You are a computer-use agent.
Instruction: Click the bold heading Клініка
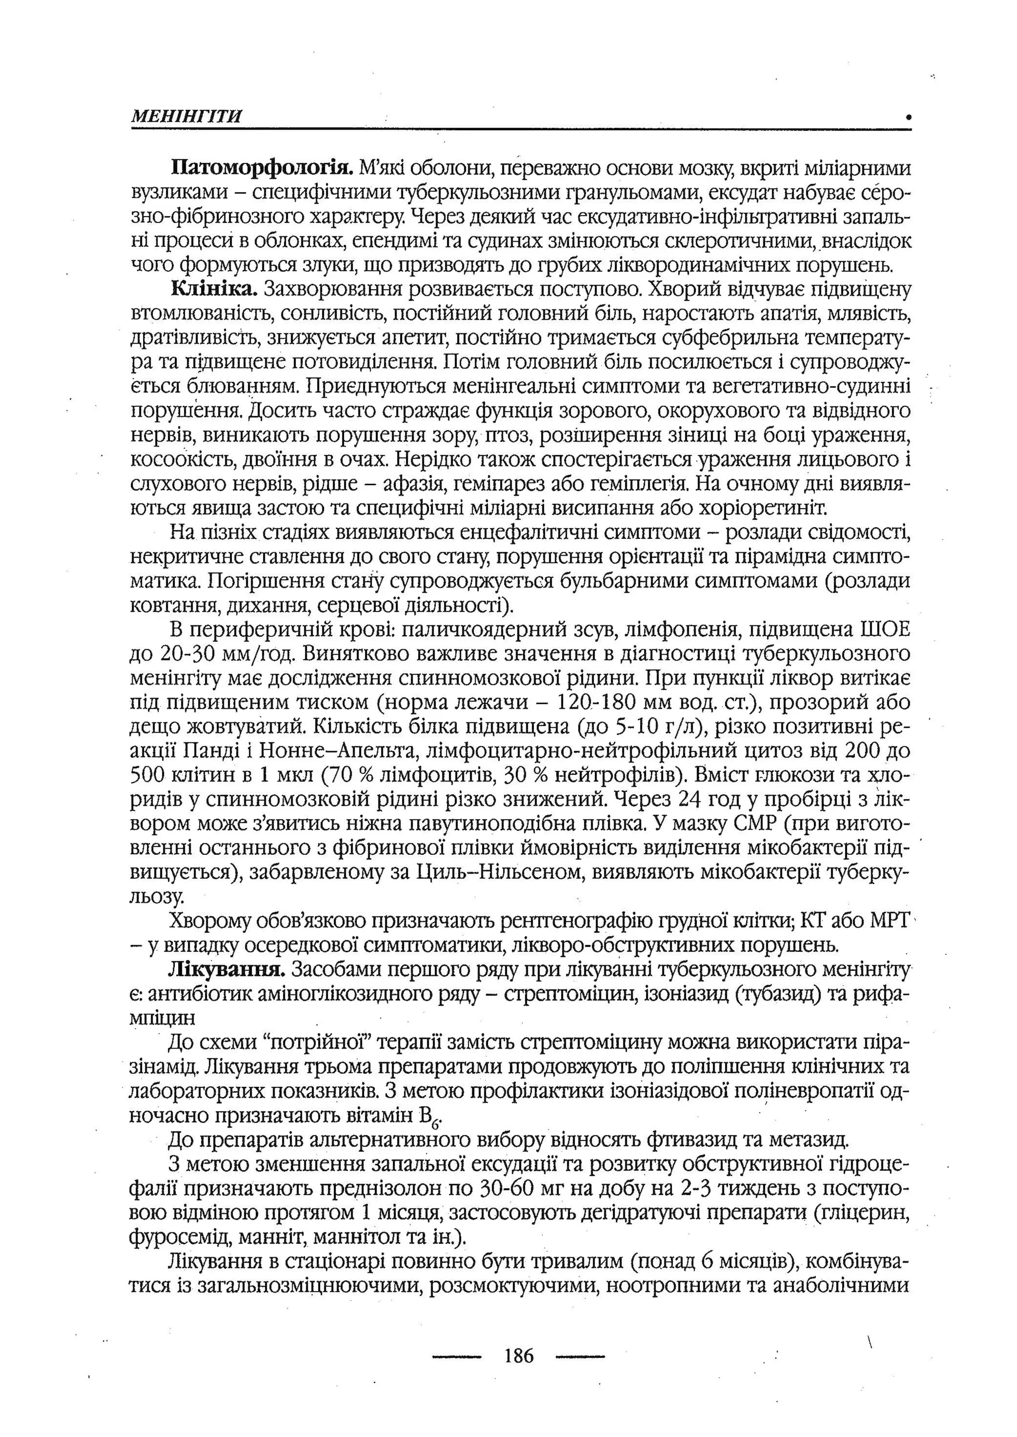click(x=215, y=290)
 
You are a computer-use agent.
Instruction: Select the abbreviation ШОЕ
click(x=885, y=629)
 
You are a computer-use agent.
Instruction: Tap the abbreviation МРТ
click(x=889, y=921)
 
